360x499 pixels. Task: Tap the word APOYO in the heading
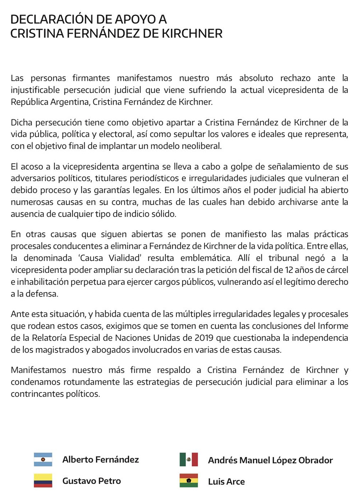[131, 19]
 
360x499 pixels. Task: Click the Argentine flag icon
[43, 459]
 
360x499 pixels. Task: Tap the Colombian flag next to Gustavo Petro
[43, 481]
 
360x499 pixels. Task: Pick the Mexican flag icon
[189, 459]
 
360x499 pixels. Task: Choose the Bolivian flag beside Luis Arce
[189, 481]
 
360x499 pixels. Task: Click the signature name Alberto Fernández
[101, 459]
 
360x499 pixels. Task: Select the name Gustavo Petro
[92, 481]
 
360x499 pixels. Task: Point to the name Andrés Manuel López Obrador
[270, 460]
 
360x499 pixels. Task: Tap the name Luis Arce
[226, 481]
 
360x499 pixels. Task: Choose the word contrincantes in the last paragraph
[37, 394]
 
